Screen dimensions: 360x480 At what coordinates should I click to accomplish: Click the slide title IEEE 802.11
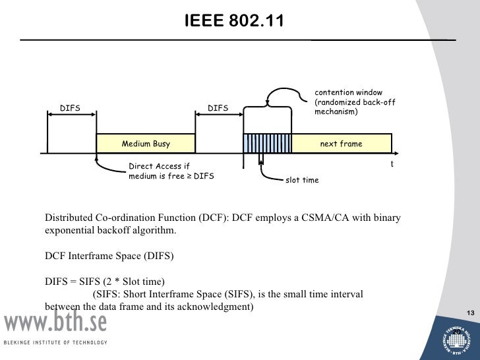(x=234, y=21)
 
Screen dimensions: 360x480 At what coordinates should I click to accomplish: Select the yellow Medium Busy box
(x=146, y=144)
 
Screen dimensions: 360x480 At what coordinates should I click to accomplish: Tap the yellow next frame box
(x=341, y=144)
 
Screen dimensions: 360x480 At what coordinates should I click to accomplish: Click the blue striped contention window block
(x=268, y=144)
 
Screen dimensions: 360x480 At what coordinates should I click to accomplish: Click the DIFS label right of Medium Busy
(x=218, y=107)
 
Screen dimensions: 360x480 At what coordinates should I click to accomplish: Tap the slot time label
(x=301, y=180)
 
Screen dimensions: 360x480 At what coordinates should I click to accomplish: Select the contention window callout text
(x=354, y=102)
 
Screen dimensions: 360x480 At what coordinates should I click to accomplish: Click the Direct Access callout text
(x=170, y=171)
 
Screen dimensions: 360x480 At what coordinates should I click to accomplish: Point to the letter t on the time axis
(x=392, y=164)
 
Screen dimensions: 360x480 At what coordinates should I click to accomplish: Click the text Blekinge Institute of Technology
(x=55, y=342)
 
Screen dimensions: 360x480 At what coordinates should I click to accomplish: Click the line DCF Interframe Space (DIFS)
(x=109, y=256)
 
